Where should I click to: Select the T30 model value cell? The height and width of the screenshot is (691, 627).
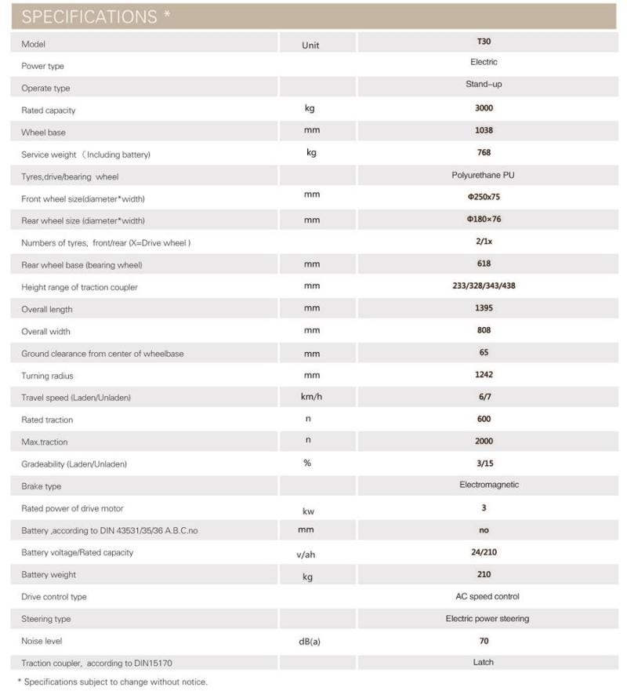pyautogui.click(x=484, y=42)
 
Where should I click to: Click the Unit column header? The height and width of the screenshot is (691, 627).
pyautogui.click(x=310, y=45)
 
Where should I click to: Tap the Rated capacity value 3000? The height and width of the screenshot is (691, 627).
pyautogui.click(x=484, y=108)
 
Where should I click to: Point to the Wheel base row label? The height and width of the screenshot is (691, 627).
pyautogui.click(x=44, y=133)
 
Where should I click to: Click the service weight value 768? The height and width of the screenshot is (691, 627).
pyautogui.click(x=484, y=152)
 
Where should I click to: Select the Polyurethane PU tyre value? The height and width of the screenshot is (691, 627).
pyautogui.click(x=484, y=175)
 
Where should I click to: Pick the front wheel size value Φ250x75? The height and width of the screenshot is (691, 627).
pyautogui.click(x=484, y=197)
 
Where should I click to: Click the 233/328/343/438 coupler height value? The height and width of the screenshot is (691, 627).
pyautogui.click(x=484, y=285)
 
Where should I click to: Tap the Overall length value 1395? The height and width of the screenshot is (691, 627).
pyautogui.click(x=484, y=308)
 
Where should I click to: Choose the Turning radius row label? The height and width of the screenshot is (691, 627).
pyautogui.click(x=47, y=376)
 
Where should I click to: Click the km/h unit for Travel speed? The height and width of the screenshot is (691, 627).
pyautogui.click(x=311, y=397)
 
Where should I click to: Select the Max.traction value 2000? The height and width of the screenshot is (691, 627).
pyautogui.click(x=484, y=441)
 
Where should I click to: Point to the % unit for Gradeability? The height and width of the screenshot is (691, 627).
pyautogui.click(x=307, y=463)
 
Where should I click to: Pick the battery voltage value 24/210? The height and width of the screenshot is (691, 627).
pyautogui.click(x=484, y=552)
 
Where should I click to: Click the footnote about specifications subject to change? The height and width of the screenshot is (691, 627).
pyautogui.click(x=112, y=682)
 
